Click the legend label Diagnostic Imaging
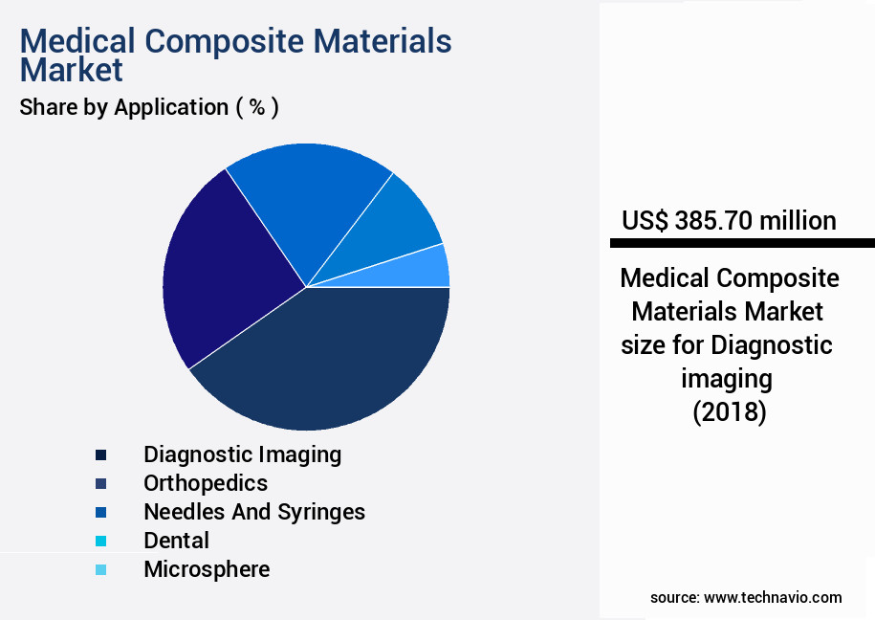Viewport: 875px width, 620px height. pos(242,454)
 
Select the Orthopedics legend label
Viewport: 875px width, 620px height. pos(206,483)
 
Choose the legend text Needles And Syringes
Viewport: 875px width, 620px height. pos(254,512)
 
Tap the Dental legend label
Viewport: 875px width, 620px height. pos(176,541)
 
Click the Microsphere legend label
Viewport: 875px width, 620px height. pos(207,569)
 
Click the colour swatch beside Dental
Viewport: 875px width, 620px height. pos(100,541)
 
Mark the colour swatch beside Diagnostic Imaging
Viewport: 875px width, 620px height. pos(100,454)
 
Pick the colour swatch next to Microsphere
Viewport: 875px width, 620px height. pos(100,569)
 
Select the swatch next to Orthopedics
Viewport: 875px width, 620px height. pos(100,483)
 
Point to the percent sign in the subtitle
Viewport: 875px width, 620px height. pos(256,107)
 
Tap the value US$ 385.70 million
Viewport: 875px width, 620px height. pos(729,221)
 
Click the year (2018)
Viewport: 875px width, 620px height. pos(729,412)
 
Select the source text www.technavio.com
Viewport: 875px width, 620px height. pos(773,597)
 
